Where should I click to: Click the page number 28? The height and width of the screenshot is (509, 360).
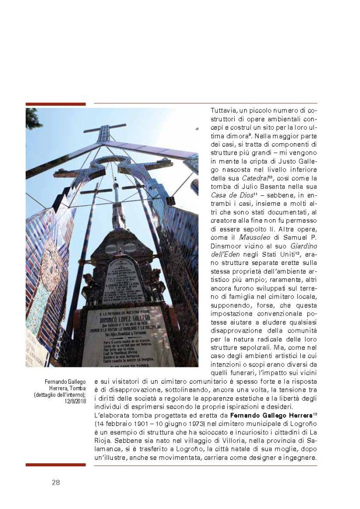56,482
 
